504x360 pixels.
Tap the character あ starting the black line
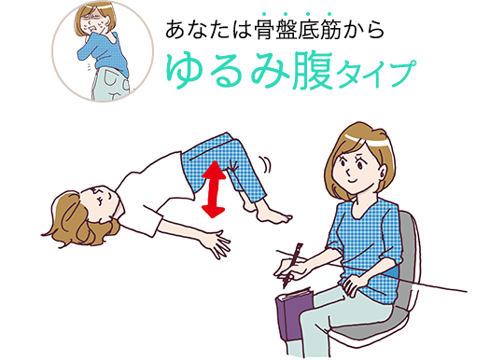pos(175,29)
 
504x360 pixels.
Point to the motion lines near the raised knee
pos(266,165)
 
